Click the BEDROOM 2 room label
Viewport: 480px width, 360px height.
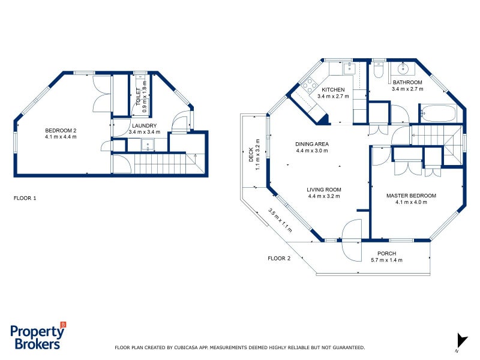coord(61,130)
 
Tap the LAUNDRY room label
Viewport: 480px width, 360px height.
coord(144,125)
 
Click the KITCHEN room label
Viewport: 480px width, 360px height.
coord(333,89)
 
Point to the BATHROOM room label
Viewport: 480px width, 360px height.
coord(407,82)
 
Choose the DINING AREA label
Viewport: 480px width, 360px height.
coord(312,144)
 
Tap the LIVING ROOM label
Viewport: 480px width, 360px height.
coord(324,190)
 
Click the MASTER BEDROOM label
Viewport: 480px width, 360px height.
coord(411,196)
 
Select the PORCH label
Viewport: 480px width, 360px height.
coord(386,253)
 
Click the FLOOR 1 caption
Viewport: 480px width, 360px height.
coord(25,197)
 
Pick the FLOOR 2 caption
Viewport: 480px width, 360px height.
coord(279,258)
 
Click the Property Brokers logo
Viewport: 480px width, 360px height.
coord(37,337)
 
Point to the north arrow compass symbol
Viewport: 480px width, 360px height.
coord(461,340)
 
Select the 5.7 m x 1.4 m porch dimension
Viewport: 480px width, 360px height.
coord(386,260)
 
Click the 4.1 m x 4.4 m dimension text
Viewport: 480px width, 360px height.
coord(61,137)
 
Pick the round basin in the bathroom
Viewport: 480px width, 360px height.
coord(402,68)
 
